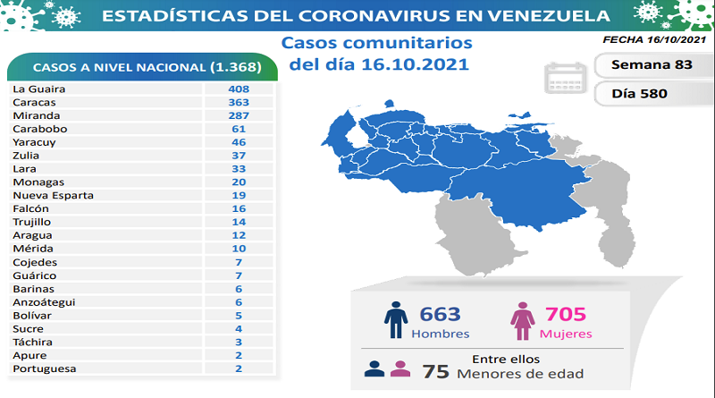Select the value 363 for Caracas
click(x=238, y=103)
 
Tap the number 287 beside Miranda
click(x=238, y=116)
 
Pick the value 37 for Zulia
click(x=238, y=156)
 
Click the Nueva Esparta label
click(x=54, y=196)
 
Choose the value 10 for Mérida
click(x=238, y=249)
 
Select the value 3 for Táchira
click(x=238, y=342)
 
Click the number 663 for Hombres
click(x=439, y=315)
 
